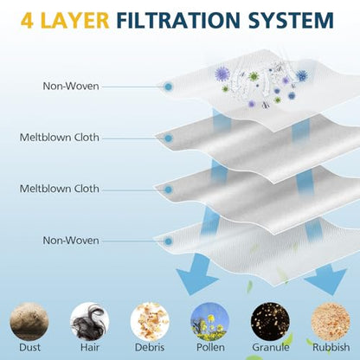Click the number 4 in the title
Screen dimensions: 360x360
coord(27,20)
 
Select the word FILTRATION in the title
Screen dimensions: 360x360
coord(178,20)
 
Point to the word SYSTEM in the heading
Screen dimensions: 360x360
coord(291,20)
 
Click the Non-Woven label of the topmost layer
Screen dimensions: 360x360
coord(71,86)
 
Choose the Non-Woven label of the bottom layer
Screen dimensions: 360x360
coord(71,241)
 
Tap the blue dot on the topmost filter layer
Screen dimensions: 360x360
coord(168,87)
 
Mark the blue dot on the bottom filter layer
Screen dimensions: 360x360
coord(168,241)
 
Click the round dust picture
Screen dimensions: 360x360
coord(29,321)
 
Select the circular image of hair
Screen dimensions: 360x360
coord(90,321)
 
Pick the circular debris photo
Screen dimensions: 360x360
coord(150,321)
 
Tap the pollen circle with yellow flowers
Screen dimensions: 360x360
coord(210,321)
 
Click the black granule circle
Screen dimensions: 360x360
coord(270,321)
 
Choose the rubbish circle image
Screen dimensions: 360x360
coord(331,321)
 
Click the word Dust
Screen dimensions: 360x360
coord(29,347)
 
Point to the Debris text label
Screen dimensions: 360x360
coord(150,347)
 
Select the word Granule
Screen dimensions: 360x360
coord(271,347)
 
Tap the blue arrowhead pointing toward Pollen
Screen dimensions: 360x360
coord(196,279)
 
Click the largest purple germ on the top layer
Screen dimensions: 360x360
coord(222,74)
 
